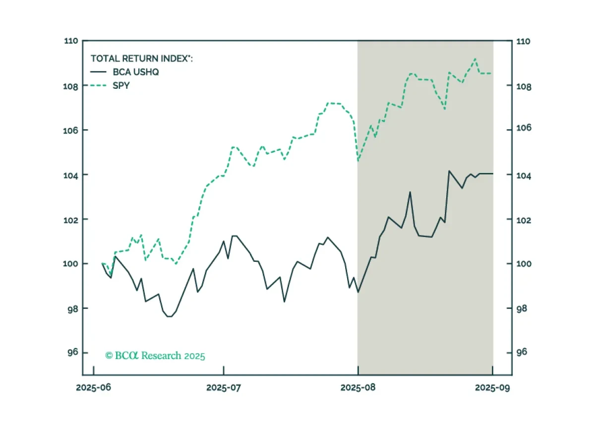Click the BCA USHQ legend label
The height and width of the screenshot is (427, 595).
pos(136,72)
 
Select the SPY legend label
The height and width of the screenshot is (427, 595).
pos(121,86)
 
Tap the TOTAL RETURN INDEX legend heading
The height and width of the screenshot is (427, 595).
pos(142,59)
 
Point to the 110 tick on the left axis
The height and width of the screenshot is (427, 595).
pos(71,41)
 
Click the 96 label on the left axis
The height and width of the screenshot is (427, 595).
pos(73,352)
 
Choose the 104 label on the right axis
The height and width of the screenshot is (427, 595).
pos(524,176)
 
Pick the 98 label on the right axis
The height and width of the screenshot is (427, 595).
pos(522,308)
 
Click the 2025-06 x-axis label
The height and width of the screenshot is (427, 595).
pos(94,388)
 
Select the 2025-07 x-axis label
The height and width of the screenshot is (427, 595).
pos(224,388)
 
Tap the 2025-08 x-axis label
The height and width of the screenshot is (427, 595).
pos(358,388)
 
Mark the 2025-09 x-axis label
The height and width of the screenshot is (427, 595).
pos(492,388)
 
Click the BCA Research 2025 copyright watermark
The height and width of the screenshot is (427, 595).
pos(155,356)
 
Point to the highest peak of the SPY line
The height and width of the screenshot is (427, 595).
pos(475,59)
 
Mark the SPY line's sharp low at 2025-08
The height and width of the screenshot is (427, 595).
pos(358,161)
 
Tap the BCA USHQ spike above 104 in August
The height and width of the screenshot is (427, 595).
pos(449,171)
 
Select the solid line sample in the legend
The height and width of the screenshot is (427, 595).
pos(98,72)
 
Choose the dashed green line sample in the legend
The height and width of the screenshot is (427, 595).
pos(98,86)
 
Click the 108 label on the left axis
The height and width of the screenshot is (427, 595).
pos(70,87)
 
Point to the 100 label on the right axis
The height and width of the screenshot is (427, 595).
pos(524,264)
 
